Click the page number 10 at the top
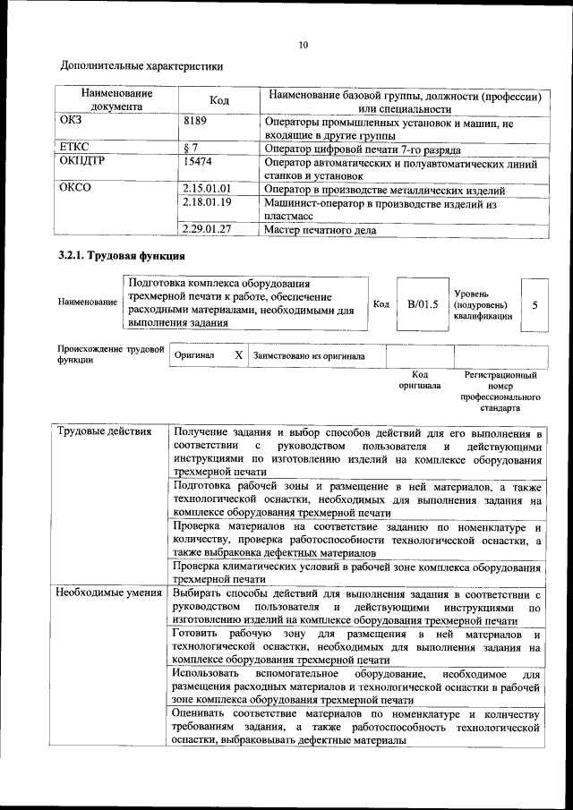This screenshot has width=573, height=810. point(304,45)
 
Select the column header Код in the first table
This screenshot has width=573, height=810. point(219,101)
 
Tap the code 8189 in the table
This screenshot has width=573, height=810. point(196,121)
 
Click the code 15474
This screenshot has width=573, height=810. point(198,163)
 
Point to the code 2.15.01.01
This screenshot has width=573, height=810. point(206,190)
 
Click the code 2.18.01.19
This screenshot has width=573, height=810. point(206,203)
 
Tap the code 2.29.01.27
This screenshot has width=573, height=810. point(206,229)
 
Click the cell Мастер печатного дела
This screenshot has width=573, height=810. point(321,229)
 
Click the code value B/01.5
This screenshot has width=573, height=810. point(422,303)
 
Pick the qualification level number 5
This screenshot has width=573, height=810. point(535,304)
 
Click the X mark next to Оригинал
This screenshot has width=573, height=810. point(238,355)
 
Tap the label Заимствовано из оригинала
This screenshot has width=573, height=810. point(309,355)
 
